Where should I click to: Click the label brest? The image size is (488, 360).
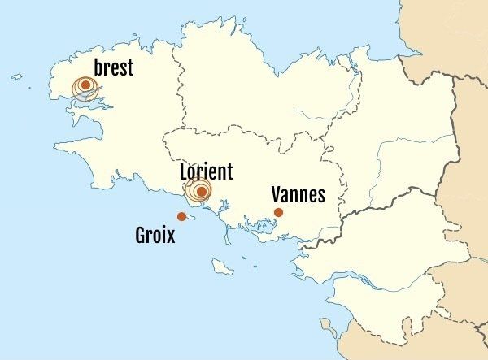click(113, 67)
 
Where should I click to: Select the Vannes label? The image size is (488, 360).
click(298, 194)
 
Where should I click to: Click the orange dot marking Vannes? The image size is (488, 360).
click(278, 212)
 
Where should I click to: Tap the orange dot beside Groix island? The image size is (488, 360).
click(181, 216)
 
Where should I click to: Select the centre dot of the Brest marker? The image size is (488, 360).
click(85, 85)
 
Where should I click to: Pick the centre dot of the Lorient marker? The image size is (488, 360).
click(200, 192)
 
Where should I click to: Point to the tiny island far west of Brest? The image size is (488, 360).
click(16, 77)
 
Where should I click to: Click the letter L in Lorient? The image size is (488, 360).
click(183, 171)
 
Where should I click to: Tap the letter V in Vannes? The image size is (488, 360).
click(277, 194)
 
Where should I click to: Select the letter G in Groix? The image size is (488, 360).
click(141, 236)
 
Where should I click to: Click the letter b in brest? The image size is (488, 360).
click(98, 67)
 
